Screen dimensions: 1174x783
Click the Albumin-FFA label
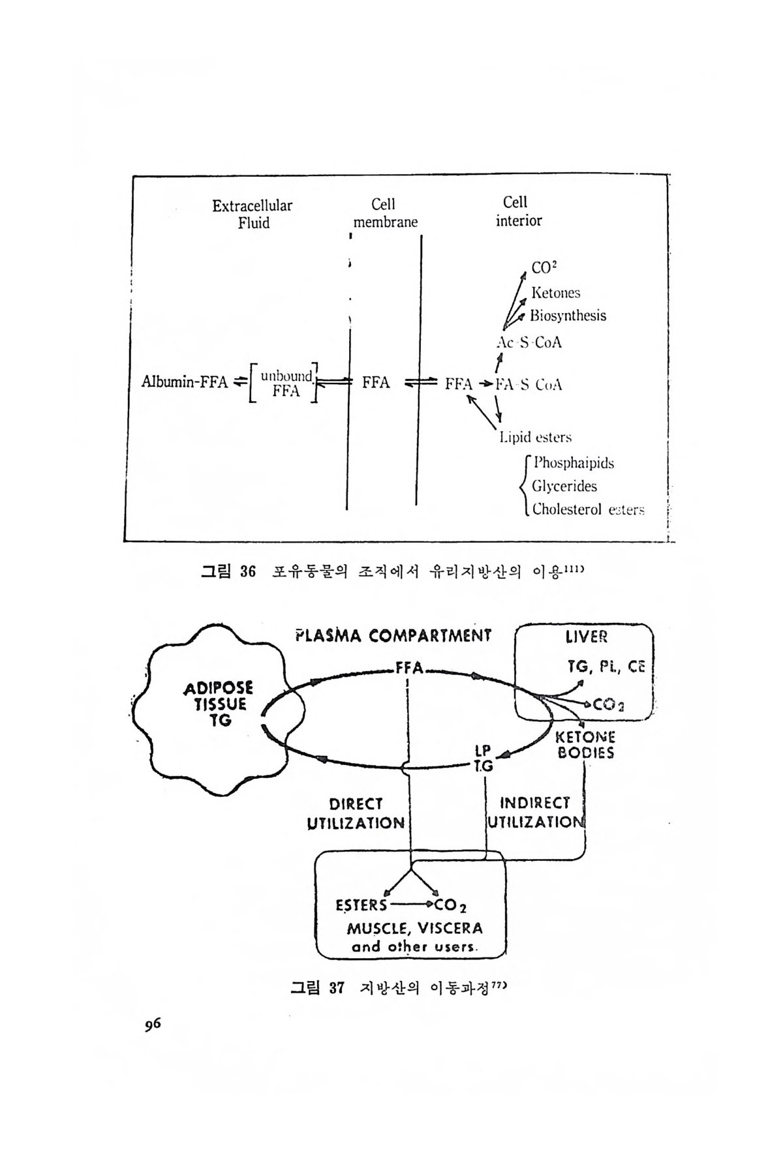(185, 382)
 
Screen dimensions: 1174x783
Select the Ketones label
(555, 293)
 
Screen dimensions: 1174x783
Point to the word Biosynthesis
(568, 316)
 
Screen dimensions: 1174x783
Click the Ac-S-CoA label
(529, 342)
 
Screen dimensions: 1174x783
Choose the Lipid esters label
(535, 437)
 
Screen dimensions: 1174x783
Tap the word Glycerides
(564, 486)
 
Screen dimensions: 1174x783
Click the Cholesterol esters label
(588, 509)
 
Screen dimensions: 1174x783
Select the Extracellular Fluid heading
(253, 214)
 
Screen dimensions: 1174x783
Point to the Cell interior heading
(518, 211)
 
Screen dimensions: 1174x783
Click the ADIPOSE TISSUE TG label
(219, 705)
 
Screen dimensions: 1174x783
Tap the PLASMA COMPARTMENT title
(393, 635)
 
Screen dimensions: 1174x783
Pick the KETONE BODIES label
(585, 745)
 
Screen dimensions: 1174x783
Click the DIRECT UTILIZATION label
(356, 813)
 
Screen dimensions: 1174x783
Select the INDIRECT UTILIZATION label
(534, 813)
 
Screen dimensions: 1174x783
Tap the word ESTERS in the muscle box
(361, 905)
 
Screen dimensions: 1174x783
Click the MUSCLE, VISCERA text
(415, 927)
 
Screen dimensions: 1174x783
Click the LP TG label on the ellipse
(484, 760)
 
